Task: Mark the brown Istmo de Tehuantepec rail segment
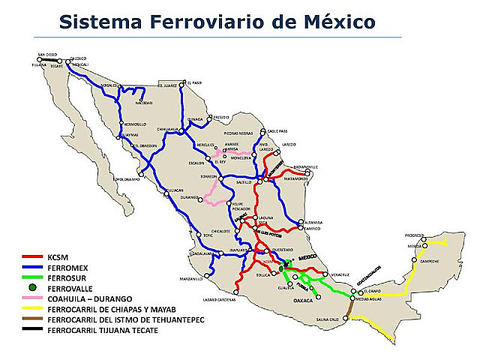pos(349,309)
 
